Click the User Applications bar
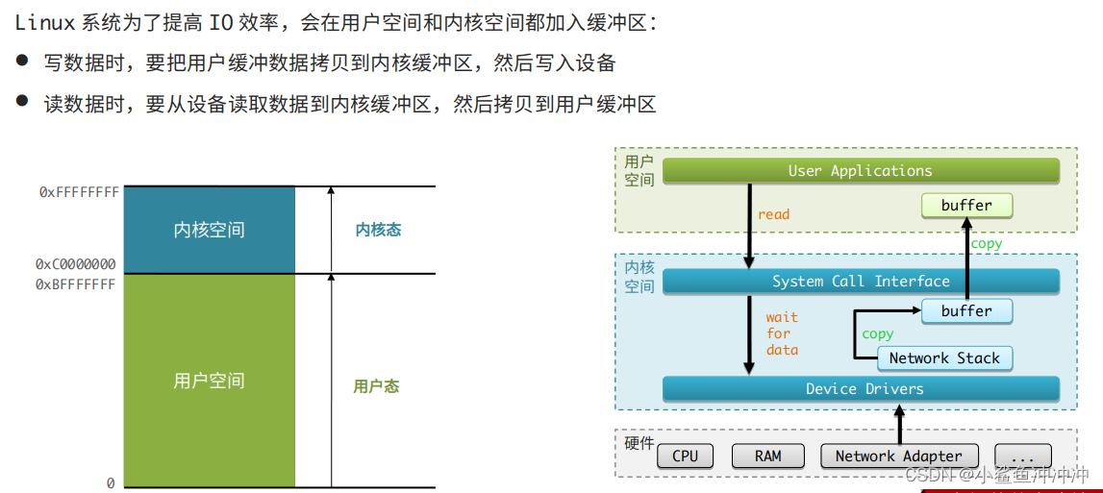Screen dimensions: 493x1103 point(861,171)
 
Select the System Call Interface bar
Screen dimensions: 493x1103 point(861,282)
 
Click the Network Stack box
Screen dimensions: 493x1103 point(944,358)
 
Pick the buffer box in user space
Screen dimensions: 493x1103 point(966,206)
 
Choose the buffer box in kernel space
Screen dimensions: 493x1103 point(966,311)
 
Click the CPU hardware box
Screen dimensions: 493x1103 point(686,456)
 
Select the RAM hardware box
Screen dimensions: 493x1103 point(768,456)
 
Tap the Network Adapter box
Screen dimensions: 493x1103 point(898,456)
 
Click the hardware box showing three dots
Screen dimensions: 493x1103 point(1023,456)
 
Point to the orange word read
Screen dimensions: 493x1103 point(773,214)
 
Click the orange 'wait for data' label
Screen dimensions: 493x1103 point(782,333)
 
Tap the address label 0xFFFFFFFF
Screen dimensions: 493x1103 point(79,192)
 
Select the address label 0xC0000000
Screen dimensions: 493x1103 point(76,264)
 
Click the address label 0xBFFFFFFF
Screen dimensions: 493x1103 point(76,284)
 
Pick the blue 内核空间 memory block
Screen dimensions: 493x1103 point(209,231)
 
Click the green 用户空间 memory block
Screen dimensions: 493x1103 point(209,381)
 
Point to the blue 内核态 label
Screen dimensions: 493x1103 point(378,231)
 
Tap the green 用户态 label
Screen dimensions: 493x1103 point(376,386)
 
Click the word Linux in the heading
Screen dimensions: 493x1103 point(45,23)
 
